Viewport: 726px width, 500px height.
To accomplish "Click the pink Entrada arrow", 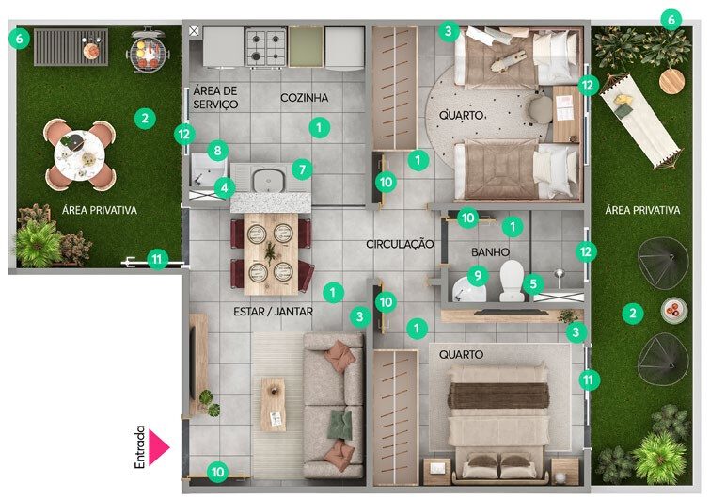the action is [158, 446].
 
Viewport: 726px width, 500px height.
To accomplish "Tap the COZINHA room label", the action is [304, 98].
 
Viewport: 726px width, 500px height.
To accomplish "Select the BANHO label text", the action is [490, 252].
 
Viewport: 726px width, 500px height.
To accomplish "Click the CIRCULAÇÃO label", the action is [400, 244].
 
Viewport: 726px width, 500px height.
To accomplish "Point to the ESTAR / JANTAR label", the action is [273, 312].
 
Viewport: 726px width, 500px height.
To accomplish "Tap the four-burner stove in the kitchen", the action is [265, 47].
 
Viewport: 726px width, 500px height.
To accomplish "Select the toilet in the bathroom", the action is [512, 281].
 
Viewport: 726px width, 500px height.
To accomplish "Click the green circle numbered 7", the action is [303, 169].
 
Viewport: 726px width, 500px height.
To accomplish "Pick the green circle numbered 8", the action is [217, 150].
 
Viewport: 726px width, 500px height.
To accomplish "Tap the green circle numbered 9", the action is [478, 276].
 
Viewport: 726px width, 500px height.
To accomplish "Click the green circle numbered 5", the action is [533, 283].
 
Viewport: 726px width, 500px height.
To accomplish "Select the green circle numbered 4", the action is [225, 187].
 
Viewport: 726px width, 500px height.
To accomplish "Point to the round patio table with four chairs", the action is [79, 155].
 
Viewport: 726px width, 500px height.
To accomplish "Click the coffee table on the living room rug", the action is [273, 404].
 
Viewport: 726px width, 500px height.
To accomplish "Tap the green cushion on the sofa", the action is [340, 425].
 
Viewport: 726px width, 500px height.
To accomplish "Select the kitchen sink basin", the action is [269, 179].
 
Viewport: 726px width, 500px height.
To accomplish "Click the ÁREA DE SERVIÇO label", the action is [215, 97].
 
